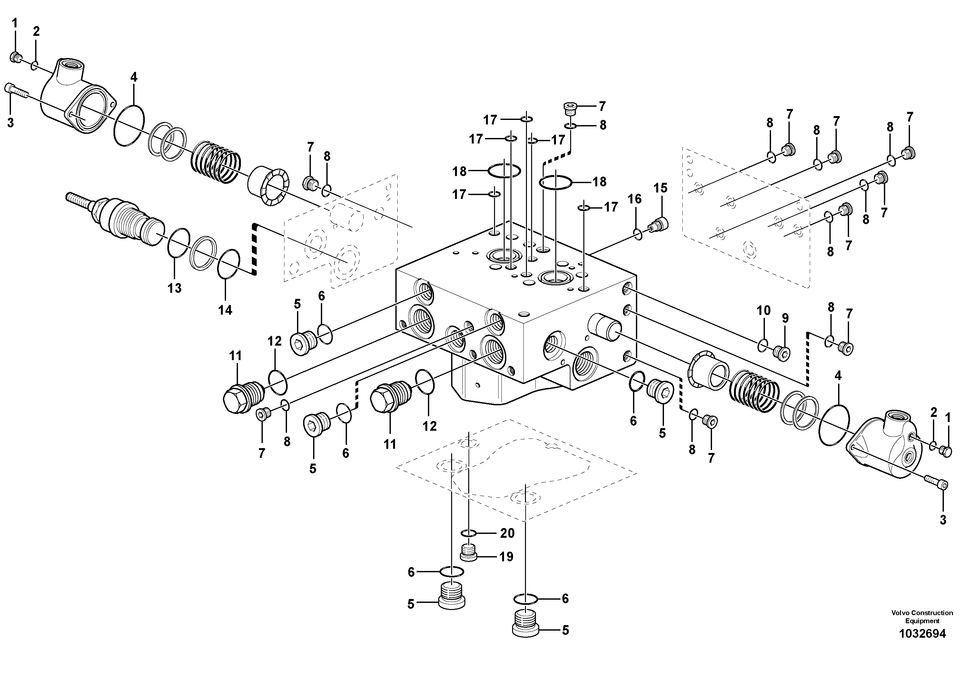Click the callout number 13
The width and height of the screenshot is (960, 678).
(x=174, y=288)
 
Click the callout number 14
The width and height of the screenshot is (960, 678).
(x=225, y=310)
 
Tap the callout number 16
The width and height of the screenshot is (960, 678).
(x=635, y=199)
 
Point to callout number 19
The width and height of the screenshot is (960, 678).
(x=506, y=557)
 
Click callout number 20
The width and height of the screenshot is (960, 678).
(x=507, y=533)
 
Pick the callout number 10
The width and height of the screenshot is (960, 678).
(x=764, y=310)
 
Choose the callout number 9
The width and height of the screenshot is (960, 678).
(x=785, y=319)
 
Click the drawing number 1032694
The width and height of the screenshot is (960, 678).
(x=922, y=634)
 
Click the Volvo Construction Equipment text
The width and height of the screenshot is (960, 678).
(x=922, y=616)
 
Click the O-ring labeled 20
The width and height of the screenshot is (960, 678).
(x=468, y=533)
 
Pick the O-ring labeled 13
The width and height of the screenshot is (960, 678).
(x=179, y=241)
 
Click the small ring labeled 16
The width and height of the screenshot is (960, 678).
(x=638, y=234)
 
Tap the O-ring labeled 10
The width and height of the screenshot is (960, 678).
(x=762, y=345)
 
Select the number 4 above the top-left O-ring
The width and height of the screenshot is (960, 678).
(x=134, y=77)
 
